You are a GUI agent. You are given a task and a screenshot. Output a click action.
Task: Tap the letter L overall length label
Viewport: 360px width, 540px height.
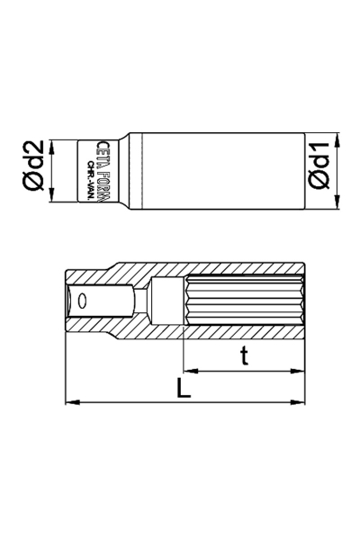point(183,388)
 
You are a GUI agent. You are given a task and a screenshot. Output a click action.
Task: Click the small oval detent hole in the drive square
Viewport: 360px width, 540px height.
point(82,301)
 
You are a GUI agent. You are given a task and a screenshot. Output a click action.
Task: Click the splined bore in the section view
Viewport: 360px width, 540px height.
point(243,301)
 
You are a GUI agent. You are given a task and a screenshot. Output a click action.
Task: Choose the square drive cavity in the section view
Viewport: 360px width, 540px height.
point(99,301)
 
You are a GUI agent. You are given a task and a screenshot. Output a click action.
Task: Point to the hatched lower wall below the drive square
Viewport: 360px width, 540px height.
point(99,329)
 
